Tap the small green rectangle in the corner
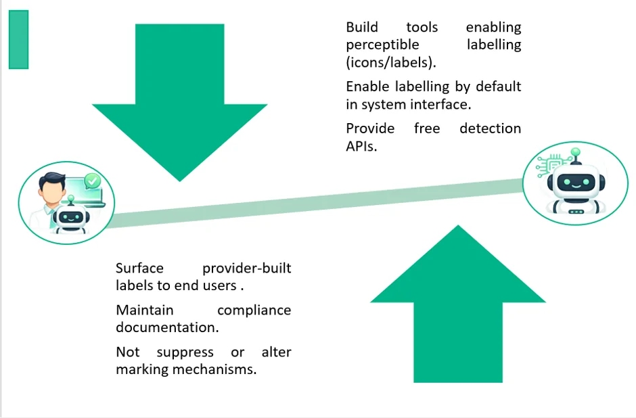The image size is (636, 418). (x=19, y=39)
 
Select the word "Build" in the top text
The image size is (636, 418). (x=362, y=27)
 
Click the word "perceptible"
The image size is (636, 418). (x=382, y=45)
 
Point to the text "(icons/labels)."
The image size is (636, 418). (x=391, y=62)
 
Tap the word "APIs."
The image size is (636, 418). (x=361, y=146)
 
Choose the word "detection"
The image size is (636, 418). (x=490, y=129)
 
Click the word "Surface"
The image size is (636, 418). (x=139, y=268)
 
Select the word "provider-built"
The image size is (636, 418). (x=246, y=269)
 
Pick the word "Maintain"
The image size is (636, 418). (x=145, y=310)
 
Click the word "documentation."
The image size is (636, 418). (x=167, y=327)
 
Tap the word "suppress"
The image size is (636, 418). (x=185, y=352)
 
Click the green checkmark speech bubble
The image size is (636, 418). (x=93, y=181)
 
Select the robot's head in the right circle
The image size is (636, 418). (x=576, y=183)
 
